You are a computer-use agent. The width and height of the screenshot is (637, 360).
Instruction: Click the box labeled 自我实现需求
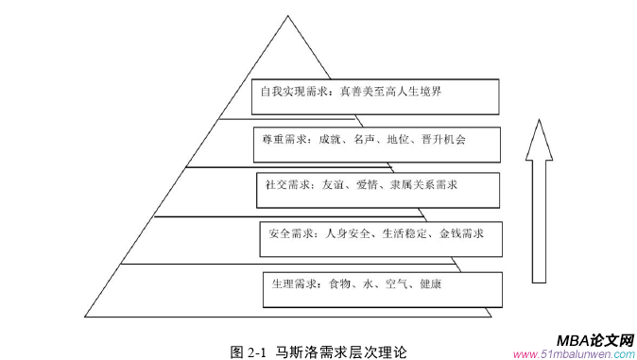pos(378,94)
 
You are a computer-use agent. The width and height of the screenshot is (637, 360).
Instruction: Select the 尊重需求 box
pos(378,140)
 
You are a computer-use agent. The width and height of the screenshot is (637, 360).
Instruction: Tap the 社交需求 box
pos(378,186)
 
